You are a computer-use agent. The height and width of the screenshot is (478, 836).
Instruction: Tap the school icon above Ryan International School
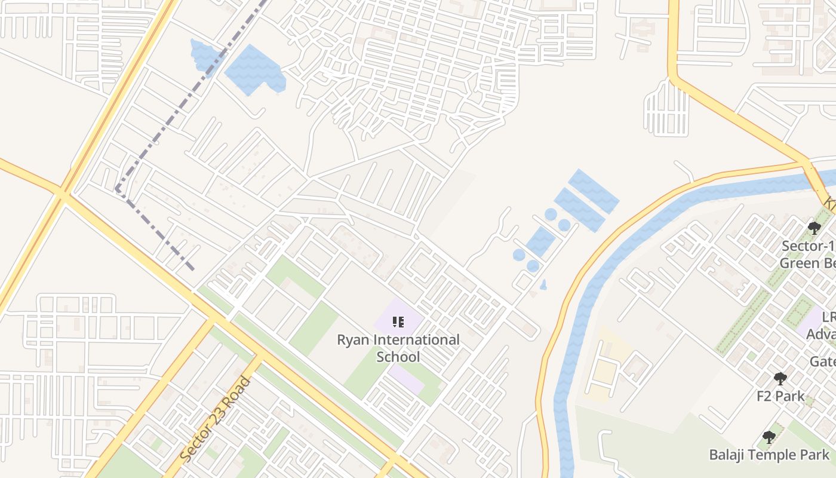398,323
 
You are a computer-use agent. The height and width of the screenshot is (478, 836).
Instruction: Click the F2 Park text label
780,396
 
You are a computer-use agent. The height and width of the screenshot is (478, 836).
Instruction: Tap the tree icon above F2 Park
780,378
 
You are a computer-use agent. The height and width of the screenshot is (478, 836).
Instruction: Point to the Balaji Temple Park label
769,455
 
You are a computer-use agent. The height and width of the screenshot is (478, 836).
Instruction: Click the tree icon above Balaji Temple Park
769,437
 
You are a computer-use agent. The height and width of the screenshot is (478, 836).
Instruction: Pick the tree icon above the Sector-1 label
814,228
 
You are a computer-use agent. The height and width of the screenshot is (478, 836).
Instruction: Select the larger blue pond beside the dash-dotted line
254,69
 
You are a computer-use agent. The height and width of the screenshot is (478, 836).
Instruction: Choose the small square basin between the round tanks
540,241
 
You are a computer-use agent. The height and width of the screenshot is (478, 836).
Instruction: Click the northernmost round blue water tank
551,214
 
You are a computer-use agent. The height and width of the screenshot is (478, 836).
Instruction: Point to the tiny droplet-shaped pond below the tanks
543,285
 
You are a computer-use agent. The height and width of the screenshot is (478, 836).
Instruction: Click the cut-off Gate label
822,361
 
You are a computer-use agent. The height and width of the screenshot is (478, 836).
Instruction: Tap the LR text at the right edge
828,317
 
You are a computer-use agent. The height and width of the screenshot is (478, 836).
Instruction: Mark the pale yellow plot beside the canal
604,364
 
